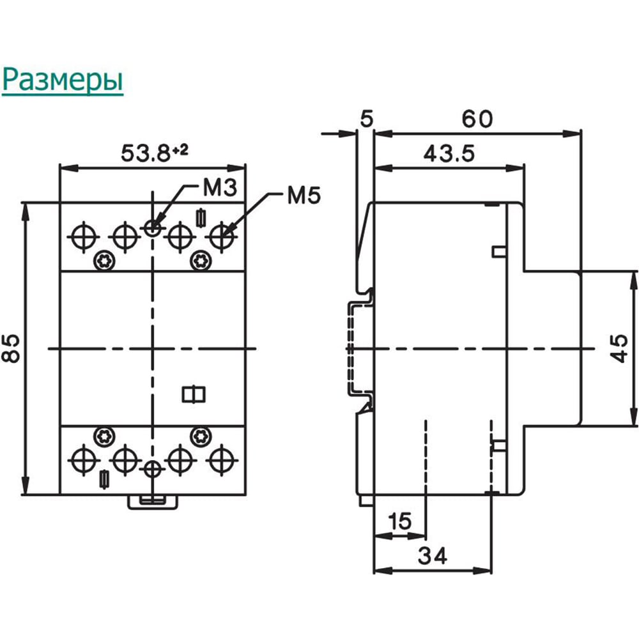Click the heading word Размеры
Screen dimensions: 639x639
(x=63, y=80)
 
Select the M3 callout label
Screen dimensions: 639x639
(x=220, y=188)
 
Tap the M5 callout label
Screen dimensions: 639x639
(x=304, y=196)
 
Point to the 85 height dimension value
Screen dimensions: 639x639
(x=11, y=348)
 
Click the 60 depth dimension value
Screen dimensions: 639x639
(x=477, y=119)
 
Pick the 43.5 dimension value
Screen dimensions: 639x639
(x=449, y=153)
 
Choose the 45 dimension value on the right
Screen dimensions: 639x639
(x=619, y=348)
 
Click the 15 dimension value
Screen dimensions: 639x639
(x=399, y=521)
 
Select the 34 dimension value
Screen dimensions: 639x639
(x=433, y=556)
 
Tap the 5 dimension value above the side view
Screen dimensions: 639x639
(x=367, y=119)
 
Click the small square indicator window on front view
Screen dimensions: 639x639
(x=194, y=394)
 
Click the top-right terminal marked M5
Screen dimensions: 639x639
(x=222, y=237)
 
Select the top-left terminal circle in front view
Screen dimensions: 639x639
(x=84, y=237)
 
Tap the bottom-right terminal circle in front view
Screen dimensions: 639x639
(x=222, y=461)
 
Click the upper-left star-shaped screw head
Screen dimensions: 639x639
(x=104, y=261)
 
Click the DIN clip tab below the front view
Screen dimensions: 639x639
(x=153, y=502)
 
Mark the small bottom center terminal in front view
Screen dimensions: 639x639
(x=153, y=470)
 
